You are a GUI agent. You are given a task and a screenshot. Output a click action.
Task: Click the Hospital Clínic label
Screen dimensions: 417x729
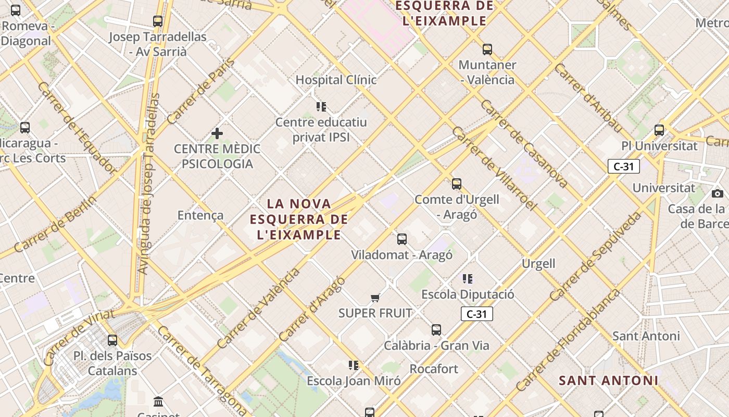tap(336, 80)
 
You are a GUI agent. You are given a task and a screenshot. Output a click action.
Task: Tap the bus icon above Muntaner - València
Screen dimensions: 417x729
tap(487, 50)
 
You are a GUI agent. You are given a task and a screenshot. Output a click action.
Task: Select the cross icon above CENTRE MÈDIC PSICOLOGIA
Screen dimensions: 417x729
tap(217, 134)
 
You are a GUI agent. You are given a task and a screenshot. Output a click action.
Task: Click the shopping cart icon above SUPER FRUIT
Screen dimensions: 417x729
tap(375, 298)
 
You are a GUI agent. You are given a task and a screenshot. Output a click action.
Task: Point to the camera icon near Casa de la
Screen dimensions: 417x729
tap(718, 193)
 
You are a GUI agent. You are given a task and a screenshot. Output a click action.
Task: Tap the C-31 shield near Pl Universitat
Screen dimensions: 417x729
tap(623, 166)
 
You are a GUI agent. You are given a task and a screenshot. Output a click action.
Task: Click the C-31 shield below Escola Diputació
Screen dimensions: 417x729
tap(476, 314)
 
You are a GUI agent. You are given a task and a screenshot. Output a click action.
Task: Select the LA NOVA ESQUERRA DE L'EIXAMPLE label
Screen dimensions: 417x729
tap(298, 219)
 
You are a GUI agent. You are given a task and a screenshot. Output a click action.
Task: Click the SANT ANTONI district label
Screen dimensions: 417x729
tap(608, 381)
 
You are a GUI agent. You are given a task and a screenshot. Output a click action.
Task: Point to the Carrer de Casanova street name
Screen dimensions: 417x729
tap(523, 143)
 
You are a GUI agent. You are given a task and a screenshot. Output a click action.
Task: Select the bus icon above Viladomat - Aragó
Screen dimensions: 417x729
tap(402, 239)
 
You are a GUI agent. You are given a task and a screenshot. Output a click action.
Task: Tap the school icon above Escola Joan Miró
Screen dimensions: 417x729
tap(354, 365)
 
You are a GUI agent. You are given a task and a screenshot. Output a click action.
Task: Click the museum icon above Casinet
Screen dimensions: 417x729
tap(158, 401)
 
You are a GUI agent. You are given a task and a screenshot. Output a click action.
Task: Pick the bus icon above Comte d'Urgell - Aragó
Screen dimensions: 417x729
tap(457, 184)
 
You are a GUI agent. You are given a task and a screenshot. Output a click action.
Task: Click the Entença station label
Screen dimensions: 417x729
tap(200, 215)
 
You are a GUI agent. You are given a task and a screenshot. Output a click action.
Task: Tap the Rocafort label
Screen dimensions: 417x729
tap(434, 369)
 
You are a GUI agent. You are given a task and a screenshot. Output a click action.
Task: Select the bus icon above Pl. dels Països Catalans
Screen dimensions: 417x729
tap(112, 341)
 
